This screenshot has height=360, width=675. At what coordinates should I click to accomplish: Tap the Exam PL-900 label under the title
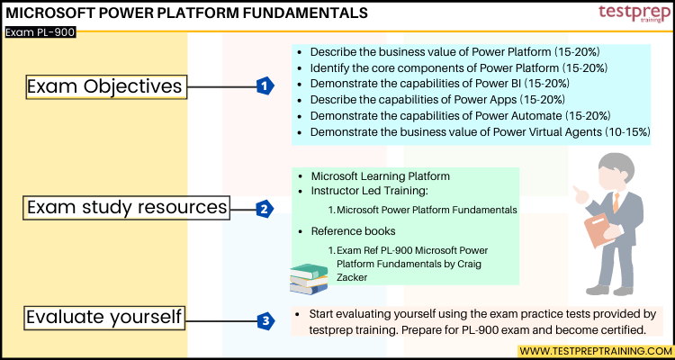(40, 31)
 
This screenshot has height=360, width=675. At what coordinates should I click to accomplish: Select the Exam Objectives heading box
(104, 86)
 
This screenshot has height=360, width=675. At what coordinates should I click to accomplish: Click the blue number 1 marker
(264, 85)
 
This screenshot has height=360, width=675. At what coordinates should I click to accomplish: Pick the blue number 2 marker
(264, 209)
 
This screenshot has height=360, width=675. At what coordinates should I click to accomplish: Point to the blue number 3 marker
(264, 319)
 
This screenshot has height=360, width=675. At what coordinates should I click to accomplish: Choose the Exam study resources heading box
(125, 208)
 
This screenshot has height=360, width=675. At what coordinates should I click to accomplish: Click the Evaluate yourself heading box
(104, 318)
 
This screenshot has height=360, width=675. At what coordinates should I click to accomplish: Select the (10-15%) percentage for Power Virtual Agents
(622, 132)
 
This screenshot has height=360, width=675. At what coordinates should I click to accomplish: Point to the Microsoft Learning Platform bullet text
(380, 175)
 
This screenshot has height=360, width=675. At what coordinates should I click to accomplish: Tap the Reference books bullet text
(353, 231)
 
